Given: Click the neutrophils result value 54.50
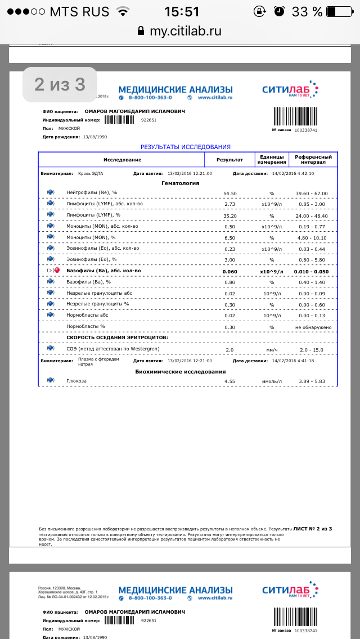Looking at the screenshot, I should [x=229, y=193].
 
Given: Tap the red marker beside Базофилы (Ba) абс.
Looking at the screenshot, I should [x=56, y=271].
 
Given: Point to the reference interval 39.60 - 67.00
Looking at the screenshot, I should [x=312, y=193].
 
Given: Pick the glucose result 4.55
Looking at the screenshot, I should [x=229, y=381].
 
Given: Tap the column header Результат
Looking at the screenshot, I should [x=229, y=160].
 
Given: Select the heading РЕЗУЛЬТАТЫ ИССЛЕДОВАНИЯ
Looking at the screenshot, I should [x=186, y=147].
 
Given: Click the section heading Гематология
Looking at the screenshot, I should [x=180, y=183].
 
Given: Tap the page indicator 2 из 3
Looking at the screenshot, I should [x=60, y=84].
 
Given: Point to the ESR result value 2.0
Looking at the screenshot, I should [x=229, y=349].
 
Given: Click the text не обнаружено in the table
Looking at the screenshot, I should [x=313, y=327].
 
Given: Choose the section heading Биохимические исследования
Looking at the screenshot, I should [x=181, y=371].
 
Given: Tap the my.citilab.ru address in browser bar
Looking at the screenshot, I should [x=185, y=31].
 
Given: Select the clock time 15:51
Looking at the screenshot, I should [x=182, y=11].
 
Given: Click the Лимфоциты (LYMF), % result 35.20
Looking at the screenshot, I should [x=229, y=215].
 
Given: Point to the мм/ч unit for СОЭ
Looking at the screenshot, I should [x=271, y=349].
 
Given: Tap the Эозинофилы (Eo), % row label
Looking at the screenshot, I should [x=91, y=259].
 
